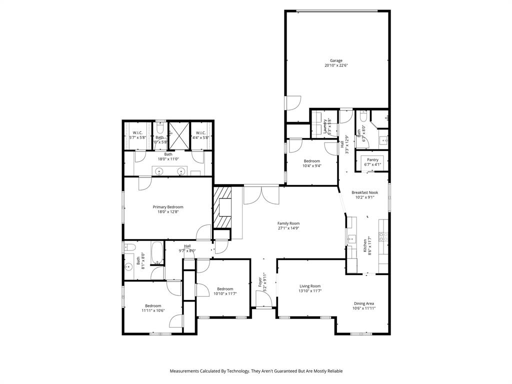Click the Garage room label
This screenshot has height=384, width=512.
click(x=336, y=60)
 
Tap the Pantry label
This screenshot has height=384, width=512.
click(x=372, y=160)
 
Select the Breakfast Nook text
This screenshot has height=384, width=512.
click(x=364, y=192)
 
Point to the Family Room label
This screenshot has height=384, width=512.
click(x=288, y=223)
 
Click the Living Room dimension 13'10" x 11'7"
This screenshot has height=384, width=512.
click(x=309, y=291)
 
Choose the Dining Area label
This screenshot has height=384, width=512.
click(x=363, y=303)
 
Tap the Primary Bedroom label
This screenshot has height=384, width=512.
click(x=168, y=207)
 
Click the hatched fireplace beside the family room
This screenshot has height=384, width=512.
click(x=223, y=207)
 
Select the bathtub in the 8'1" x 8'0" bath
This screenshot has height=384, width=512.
click(x=156, y=253)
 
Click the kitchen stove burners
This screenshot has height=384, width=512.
click(x=383, y=236)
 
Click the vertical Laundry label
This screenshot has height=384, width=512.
click(x=325, y=127)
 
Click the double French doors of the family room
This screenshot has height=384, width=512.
click(x=261, y=195)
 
